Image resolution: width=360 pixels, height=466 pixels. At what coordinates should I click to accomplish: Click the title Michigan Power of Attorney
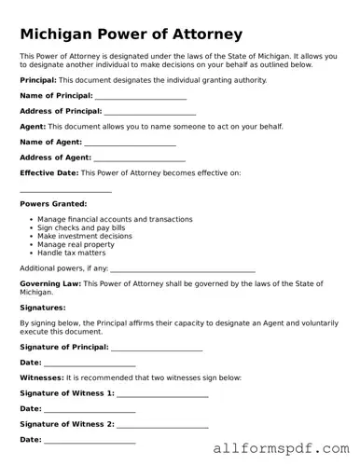pyautogui.click(x=131, y=34)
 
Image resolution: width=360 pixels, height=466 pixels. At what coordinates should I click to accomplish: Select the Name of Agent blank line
pyautogui.click(x=130, y=144)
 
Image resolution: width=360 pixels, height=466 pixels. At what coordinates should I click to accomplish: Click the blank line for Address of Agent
pyautogui.click(x=139, y=159)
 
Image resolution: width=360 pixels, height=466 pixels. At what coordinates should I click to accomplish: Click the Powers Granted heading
pyautogui.click(x=53, y=203)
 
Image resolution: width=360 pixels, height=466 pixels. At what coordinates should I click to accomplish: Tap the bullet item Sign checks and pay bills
pyautogui.click(x=81, y=227)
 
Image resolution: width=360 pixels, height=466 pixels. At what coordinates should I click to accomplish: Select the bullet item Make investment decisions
pyautogui.click(x=85, y=236)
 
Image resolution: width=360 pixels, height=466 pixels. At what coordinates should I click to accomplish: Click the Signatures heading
pyautogui.click(x=42, y=307)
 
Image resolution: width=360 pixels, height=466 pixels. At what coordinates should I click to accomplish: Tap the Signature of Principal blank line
pyautogui.click(x=157, y=348)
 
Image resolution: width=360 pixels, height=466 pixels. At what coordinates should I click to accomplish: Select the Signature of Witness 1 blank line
pyautogui.click(x=162, y=394)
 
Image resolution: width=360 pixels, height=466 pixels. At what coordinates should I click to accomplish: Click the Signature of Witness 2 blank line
pyautogui.click(x=162, y=425)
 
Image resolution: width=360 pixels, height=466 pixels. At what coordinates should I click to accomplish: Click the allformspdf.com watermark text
pyautogui.click(x=280, y=448)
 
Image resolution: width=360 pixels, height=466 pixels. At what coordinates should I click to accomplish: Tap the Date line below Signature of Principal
pyautogui.click(x=90, y=363)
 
